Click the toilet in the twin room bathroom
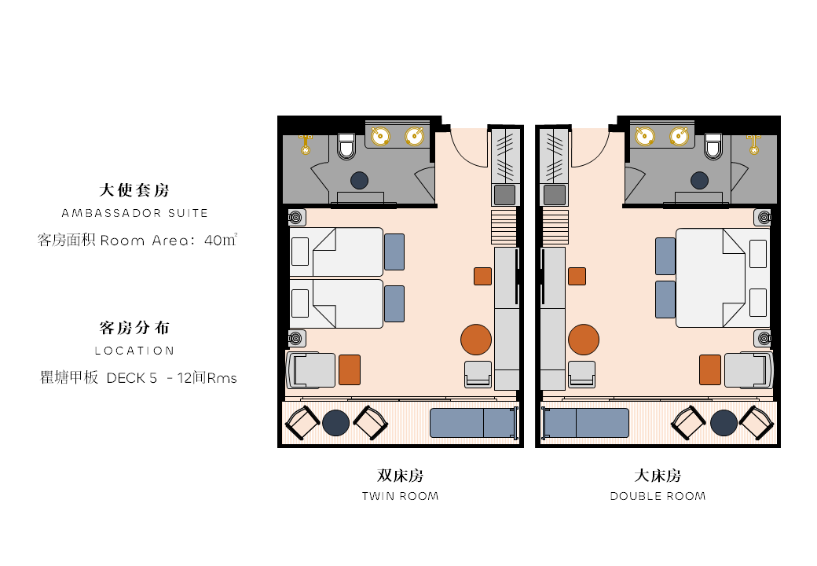346,146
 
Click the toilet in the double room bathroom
713,146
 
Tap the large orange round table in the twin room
476,340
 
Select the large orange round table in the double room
584,340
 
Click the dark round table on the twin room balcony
335,423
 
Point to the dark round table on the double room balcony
724,423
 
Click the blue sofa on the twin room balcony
474,423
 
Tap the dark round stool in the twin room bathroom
360,180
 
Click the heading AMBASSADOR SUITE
135,213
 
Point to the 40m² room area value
221,240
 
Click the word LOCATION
134,351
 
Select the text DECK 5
131,378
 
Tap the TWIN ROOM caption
400,496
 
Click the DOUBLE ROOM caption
658,496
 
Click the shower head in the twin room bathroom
306,145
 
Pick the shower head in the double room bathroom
753,145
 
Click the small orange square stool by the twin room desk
482,276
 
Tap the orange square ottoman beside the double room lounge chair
710,369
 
